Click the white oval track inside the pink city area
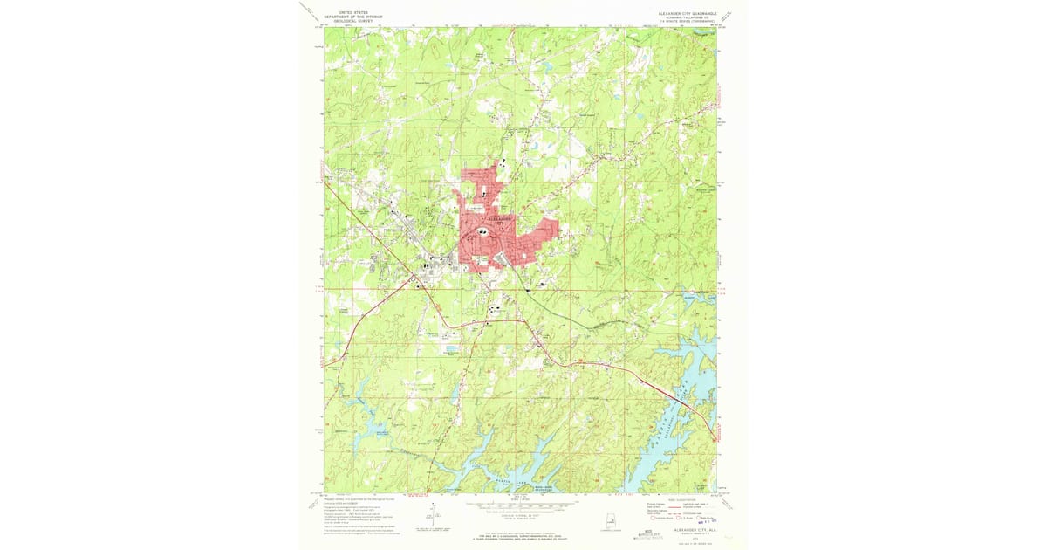[482, 231]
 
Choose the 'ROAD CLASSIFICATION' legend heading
[682, 498]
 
